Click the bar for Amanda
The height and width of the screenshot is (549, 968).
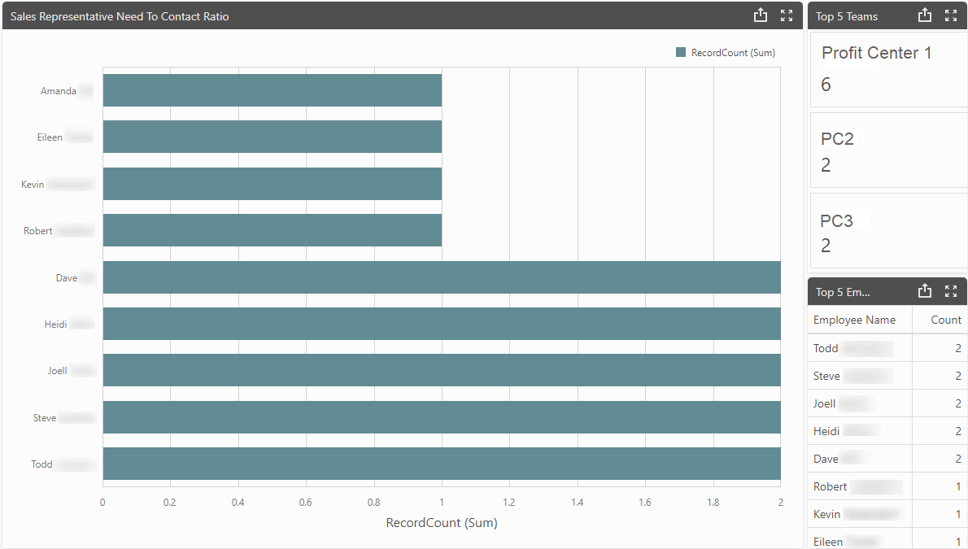[272, 90]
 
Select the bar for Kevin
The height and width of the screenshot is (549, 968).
[272, 184]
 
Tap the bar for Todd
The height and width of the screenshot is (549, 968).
[441, 464]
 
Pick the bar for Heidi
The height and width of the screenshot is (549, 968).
[441, 324]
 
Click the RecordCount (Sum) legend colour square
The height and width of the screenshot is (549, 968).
[681, 53]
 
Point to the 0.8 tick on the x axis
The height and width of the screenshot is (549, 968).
[373, 503]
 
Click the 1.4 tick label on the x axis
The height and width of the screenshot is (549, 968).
[577, 503]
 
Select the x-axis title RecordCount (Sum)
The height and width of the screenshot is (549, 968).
[441, 523]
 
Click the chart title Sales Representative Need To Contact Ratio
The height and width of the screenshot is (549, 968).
[120, 16]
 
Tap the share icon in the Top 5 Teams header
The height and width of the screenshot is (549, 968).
[924, 15]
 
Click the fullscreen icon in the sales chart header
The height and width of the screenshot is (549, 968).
[786, 15]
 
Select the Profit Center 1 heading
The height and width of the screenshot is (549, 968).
[876, 53]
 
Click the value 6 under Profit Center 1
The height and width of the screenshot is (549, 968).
[826, 85]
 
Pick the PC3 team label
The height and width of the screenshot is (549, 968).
[836, 220]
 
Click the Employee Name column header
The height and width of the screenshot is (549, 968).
[854, 320]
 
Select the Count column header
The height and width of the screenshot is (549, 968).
[946, 320]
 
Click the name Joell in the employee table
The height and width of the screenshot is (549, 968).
[825, 403]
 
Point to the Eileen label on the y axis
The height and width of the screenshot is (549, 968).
[50, 137]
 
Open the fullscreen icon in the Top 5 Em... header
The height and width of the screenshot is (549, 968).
[951, 291]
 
